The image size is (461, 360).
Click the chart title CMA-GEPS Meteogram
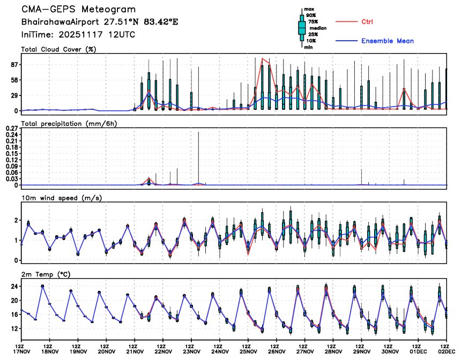tap(78, 10)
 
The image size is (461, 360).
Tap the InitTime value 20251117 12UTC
tap(102, 34)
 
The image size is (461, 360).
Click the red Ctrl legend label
tap(367, 21)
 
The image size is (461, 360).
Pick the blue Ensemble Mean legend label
tap(387, 41)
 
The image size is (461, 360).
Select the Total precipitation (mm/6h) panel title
tap(69, 124)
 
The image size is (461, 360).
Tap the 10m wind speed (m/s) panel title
tap(61, 198)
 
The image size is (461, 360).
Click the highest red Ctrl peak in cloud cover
tap(262, 58)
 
